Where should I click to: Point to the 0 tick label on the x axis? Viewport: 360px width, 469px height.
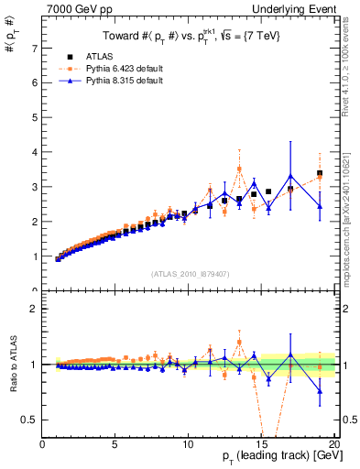point(42,446)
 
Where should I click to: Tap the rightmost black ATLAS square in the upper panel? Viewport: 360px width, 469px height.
point(320,173)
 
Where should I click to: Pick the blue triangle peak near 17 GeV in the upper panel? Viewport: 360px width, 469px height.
point(290,176)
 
